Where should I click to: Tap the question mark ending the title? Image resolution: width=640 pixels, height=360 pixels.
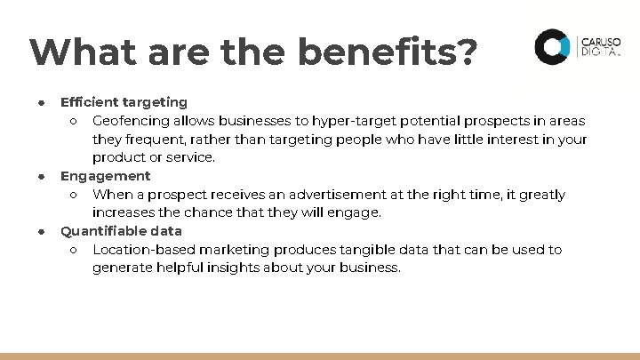point(467,52)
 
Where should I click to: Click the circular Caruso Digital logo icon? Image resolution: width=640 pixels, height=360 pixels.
point(551,46)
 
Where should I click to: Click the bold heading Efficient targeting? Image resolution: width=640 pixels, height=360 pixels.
point(124,102)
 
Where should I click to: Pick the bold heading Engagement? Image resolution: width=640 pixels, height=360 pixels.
point(105,176)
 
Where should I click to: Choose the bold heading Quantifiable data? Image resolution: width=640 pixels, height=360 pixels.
point(121,231)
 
